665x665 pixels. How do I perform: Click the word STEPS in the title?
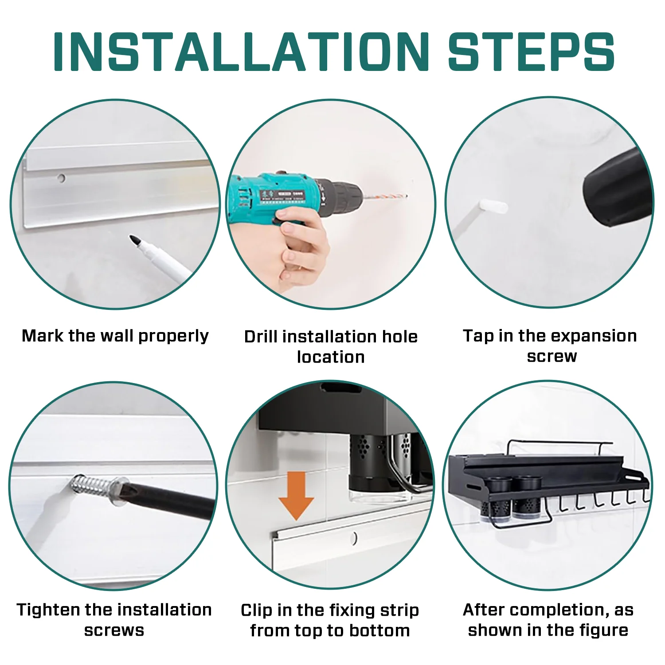pyautogui.click(x=531, y=51)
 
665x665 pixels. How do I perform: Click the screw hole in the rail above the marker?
pyautogui.click(x=61, y=178)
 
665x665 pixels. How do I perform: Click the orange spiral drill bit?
pyautogui.click(x=384, y=196)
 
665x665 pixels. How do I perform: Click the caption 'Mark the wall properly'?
pyautogui.click(x=115, y=336)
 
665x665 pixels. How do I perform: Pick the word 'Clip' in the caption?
pyautogui.click(x=257, y=610)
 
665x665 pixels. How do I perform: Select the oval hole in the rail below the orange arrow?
pyautogui.click(x=354, y=538)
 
